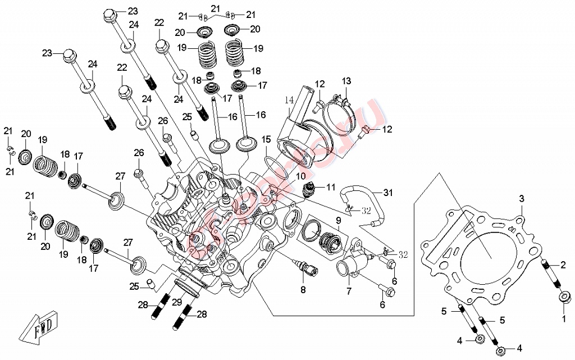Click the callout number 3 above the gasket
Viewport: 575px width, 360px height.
click(521, 199)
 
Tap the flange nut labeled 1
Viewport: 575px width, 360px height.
click(564, 296)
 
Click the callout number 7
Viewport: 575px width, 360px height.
click(348, 291)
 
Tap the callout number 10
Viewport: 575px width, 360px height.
click(302, 176)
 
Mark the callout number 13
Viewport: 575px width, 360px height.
click(346, 81)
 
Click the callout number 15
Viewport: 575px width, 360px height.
click(266, 139)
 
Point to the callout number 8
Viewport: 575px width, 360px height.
click(303, 290)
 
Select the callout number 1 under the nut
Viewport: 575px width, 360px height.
click(564, 318)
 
